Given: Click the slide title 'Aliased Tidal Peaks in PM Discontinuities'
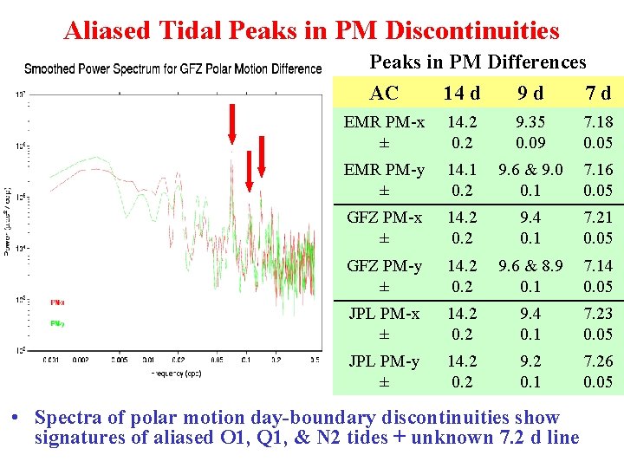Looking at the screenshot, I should pos(312,31).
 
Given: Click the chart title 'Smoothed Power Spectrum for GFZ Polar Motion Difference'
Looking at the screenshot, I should pos(172,68).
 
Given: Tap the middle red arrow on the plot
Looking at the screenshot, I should pos(249,170).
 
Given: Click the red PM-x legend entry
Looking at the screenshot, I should pos(58,302).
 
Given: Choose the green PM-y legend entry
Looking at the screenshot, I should pos(58,323).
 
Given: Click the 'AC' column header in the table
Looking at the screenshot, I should pos(384,93).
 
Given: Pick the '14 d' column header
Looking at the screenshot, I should pos(460,93).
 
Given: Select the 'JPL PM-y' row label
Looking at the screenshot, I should pos(383,361).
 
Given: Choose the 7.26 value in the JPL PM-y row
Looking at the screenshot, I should pos(597,361).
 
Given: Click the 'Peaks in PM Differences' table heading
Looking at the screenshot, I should pos(478,62).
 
